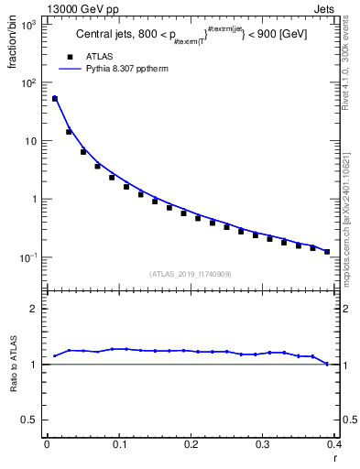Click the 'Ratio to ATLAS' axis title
pyautogui.click(x=13, y=365)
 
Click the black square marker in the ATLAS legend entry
pyautogui.click(x=70, y=56)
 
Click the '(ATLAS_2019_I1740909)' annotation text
pyautogui.click(x=190, y=274)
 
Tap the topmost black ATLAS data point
pyautogui.click(x=55, y=99)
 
